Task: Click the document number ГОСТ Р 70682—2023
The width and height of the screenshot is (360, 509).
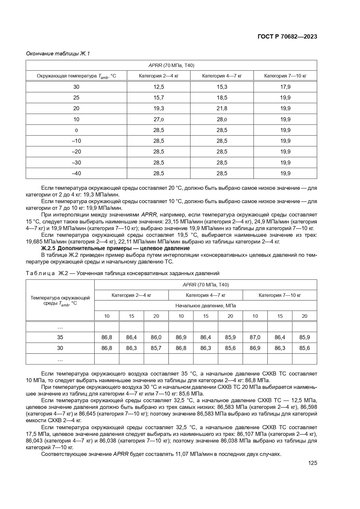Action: click(287, 37)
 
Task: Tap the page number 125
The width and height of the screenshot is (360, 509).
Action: click(312, 463)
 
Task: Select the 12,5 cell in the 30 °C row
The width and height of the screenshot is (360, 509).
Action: click(158, 87)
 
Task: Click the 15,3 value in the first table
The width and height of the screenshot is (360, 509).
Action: click(222, 87)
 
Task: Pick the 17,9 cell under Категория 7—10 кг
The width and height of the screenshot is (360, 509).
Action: click(285, 87)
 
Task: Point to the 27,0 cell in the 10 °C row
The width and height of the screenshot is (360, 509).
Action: click(158, 119)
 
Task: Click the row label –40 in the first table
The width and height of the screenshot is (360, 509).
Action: click(76, 173)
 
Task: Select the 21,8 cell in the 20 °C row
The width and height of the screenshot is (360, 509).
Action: click(222, 108)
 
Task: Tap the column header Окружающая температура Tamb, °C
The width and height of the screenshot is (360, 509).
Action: click(76, 76)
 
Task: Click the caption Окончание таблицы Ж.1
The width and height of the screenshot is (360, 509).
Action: click(58, 54)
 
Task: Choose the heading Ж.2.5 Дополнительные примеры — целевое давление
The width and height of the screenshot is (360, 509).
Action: click(115, 248)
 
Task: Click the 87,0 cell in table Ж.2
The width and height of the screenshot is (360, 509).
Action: click(255, 337)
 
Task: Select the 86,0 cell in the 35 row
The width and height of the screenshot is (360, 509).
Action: click(156, 337)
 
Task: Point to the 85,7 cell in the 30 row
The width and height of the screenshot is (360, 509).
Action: click(156, 348)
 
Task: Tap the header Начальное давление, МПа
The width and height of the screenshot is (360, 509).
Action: click(205, 306)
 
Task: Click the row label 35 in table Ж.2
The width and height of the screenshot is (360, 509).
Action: click(60, 337)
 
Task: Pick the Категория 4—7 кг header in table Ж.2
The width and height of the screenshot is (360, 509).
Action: click(205, 295)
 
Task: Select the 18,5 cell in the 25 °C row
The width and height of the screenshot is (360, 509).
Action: click(222, 98)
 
